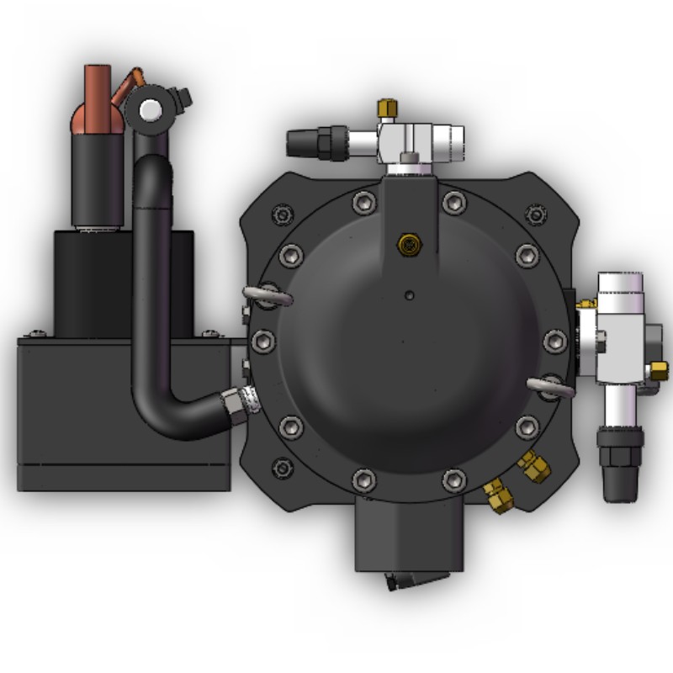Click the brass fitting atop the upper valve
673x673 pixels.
click(387, 108)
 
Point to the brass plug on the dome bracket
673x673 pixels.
click(409, 245)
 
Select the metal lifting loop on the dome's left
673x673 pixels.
click(267, 294)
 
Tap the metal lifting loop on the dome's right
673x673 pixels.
click(550, 386)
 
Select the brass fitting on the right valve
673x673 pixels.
click(660, 369)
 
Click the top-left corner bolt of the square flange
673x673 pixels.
click(280, 214)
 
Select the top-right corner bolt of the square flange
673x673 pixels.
click(535, 212)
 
